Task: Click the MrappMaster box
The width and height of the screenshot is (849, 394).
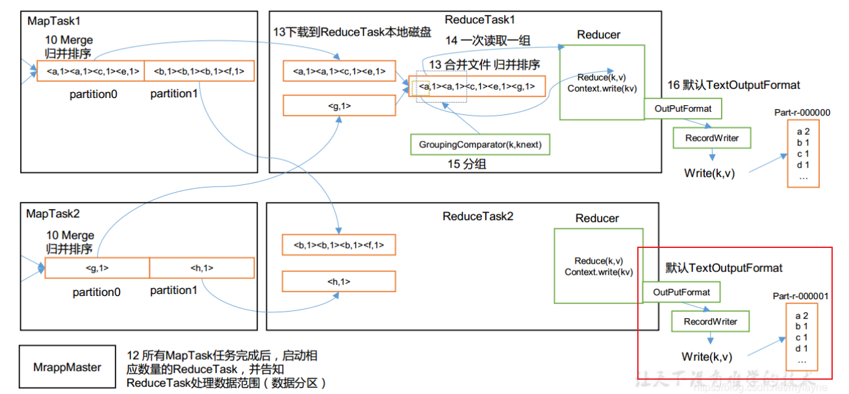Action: coord(68,367)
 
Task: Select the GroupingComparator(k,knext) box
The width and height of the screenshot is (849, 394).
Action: coord(480,144)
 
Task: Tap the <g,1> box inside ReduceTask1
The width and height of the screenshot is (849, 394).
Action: coord(339,105)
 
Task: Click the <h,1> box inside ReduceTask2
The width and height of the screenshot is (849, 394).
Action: coord(338,281)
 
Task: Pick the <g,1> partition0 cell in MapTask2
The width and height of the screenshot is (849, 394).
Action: coord(97,268)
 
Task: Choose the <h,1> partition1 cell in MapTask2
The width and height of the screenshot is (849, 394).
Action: coord(201,268)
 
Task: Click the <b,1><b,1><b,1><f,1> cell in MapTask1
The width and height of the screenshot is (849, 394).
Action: coord(199,71)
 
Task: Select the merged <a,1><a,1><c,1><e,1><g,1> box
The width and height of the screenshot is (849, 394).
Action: coord(477,86)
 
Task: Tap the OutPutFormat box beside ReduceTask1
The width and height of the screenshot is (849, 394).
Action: coord(683,108)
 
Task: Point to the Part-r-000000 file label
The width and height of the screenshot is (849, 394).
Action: coord(802,112)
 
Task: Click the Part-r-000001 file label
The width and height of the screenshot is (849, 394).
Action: coord(800,296)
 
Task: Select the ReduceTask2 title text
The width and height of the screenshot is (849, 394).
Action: coord(477,216)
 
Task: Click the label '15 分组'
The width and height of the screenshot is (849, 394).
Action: coord(467,165)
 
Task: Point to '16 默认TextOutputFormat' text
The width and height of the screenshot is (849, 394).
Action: coord(734,85)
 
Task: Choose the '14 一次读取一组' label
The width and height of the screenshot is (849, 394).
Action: coord(487,40)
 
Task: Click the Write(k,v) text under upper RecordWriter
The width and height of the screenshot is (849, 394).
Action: coord(709,173)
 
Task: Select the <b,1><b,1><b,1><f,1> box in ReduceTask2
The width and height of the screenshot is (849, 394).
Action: coord(338,245)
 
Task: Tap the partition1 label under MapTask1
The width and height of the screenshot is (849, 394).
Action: coord(173,94)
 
